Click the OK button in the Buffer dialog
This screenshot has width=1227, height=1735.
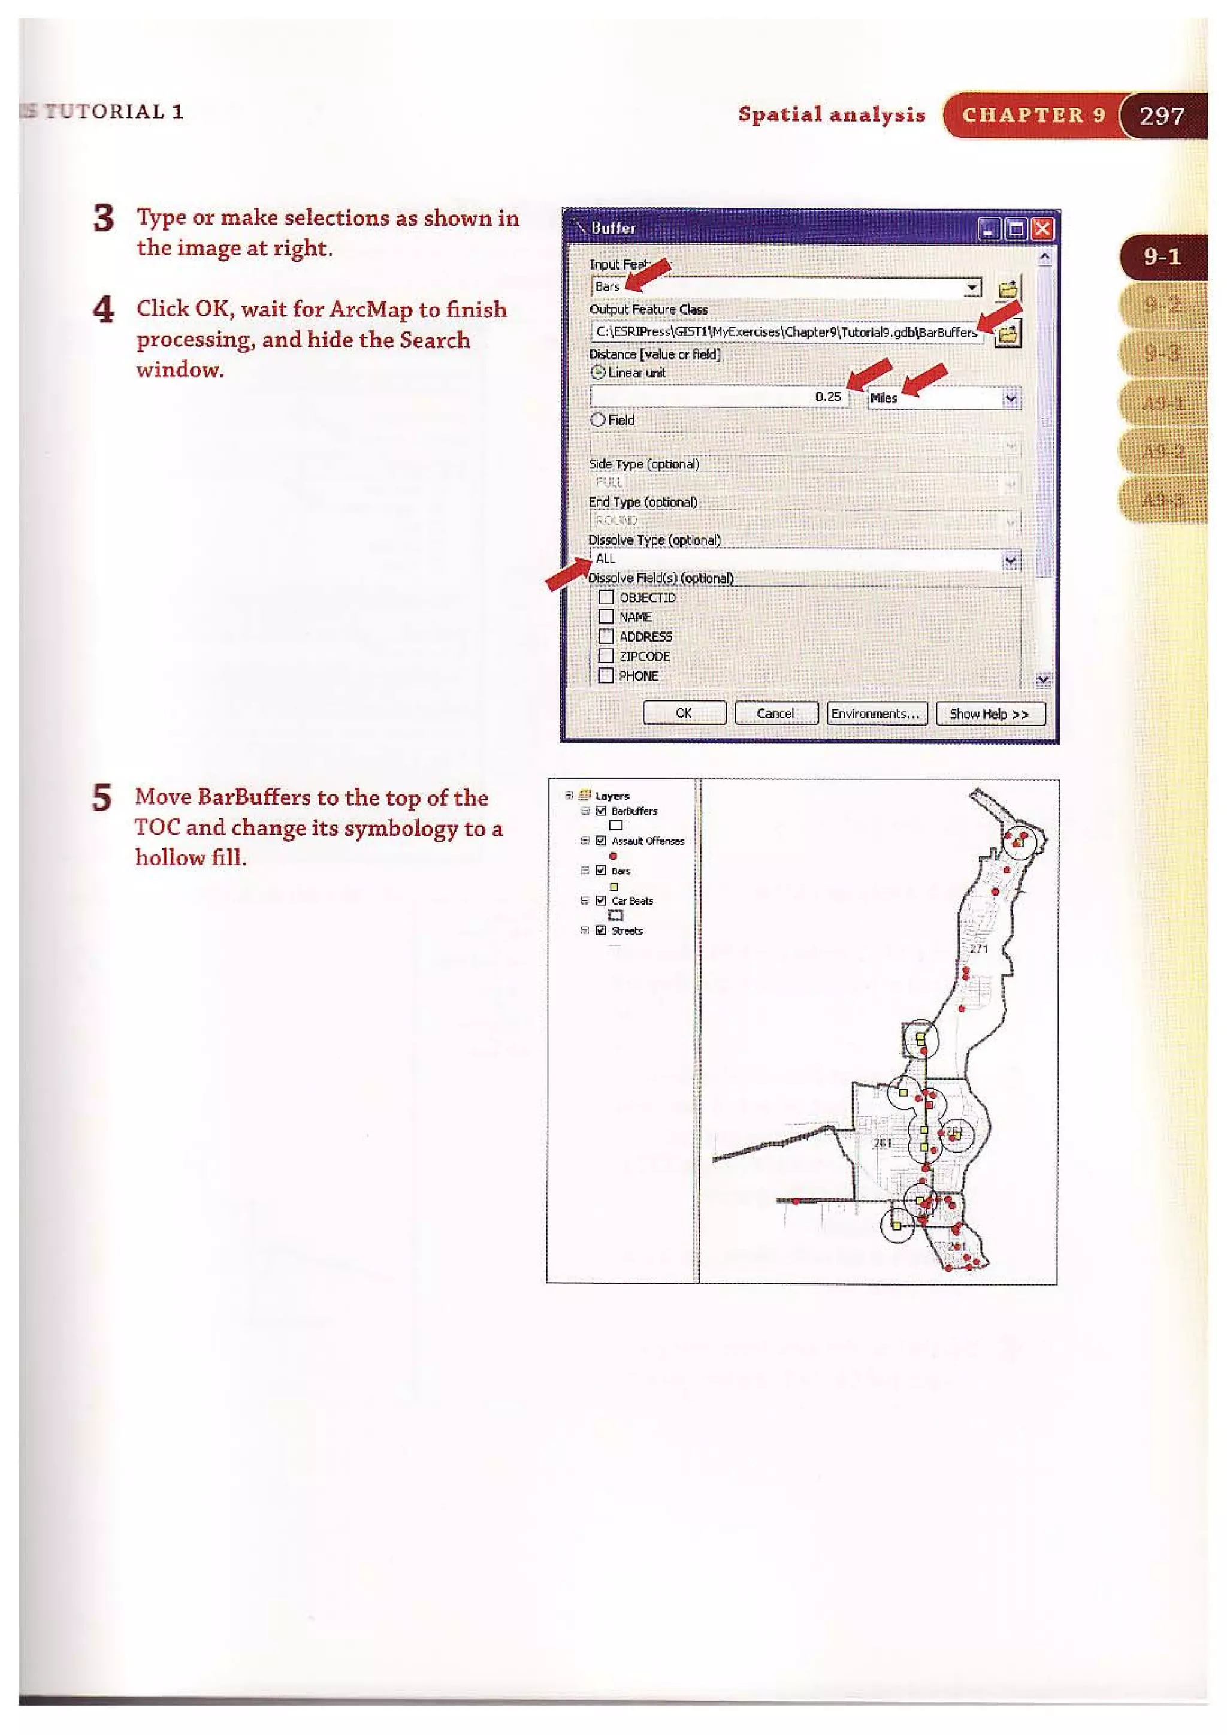[x=684, y=712]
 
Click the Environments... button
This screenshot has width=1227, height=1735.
[x=877, y=712]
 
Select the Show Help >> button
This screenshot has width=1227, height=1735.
[x=990, y=712]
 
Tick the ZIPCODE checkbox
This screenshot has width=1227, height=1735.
[x=606, y=655]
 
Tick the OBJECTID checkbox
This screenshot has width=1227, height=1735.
[x=606, y=597]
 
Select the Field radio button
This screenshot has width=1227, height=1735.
[x=598, y=419]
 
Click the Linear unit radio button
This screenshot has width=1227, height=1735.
[x=598, y=373]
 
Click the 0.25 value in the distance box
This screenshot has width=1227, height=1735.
[x=828, y=397]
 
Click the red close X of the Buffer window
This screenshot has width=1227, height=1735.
[x=1042, y=228]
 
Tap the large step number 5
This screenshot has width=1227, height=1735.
[x=102, y=798]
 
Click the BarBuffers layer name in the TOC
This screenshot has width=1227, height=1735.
[x=634, y=811]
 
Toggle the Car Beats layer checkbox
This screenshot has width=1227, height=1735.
[x=601, y=900]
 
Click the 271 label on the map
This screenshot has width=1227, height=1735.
[x=978, y=948]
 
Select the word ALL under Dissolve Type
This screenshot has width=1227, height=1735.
[x=605, y=558]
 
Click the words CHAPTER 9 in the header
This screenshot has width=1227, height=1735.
[x=1033, y=115]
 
